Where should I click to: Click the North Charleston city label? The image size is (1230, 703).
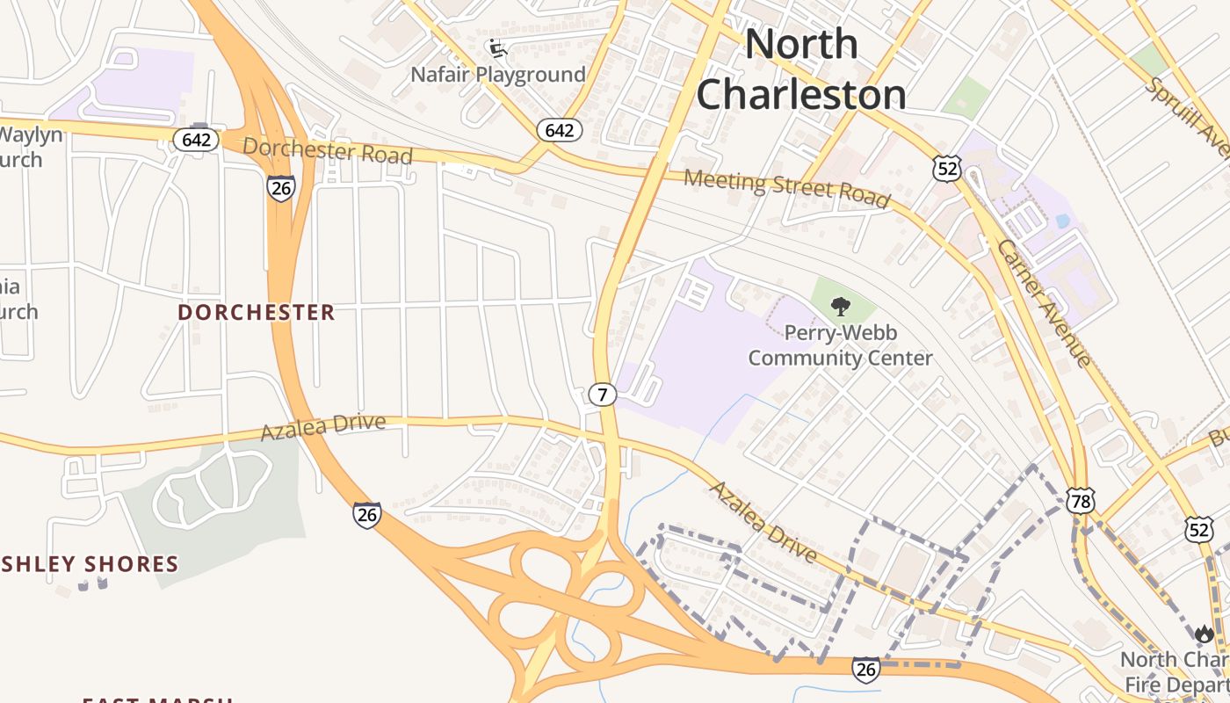click(x=801, y=69)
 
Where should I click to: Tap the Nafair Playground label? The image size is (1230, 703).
click(x=498, y=75)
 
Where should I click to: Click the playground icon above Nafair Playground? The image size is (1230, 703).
click(x=497, y=47)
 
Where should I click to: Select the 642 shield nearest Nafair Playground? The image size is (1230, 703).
click(x=559, y=131)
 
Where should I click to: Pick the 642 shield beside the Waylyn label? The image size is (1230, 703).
click(x=195, y=140)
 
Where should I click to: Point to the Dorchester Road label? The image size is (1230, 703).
click(x=328, y=150)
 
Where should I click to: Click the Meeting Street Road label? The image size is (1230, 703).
click(x=787, y=188)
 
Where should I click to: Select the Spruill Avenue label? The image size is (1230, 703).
click(x=1186, y=114)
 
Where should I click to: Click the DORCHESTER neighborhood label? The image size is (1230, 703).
click(x=257, y=313)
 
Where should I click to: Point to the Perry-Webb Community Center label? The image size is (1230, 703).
click(x=840, y=345)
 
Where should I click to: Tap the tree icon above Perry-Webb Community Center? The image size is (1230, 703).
click(x=841, y=307)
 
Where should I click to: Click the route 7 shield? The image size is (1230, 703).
click(x=603, y=395)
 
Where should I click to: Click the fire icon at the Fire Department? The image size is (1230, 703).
click(x=1204, y=634)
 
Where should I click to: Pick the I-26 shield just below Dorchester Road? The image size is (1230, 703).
click(x=281, y=188)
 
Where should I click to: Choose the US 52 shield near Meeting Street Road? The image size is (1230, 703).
click(x=948, y=169)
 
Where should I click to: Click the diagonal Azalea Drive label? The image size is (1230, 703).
click(x=763, y=522)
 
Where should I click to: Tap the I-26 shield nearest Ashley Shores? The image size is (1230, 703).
click(x=367, y=514)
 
